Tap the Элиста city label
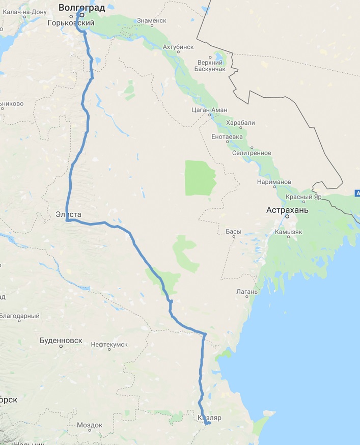click(68, 214)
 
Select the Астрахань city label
click(287, 209)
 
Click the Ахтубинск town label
click(178, 47)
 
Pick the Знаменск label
click(151, 21)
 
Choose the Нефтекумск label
click(109, 345)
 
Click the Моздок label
click(90, 425)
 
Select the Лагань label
click(248, 292)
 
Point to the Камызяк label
click(289, 232)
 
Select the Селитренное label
click(252, 153)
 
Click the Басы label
click(233, 232)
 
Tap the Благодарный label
click(20, 316)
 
